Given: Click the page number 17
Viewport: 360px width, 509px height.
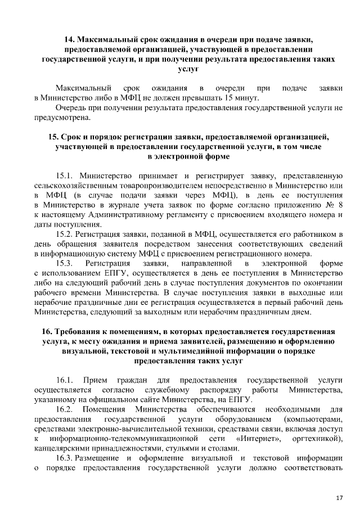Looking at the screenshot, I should point(339,482).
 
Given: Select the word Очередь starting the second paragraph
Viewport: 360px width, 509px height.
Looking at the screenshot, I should point(71,107).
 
